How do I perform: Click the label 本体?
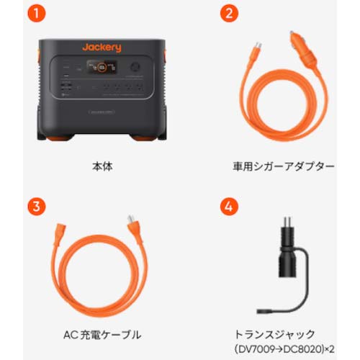tap(102, 166)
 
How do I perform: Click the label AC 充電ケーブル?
tap(102, 334)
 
